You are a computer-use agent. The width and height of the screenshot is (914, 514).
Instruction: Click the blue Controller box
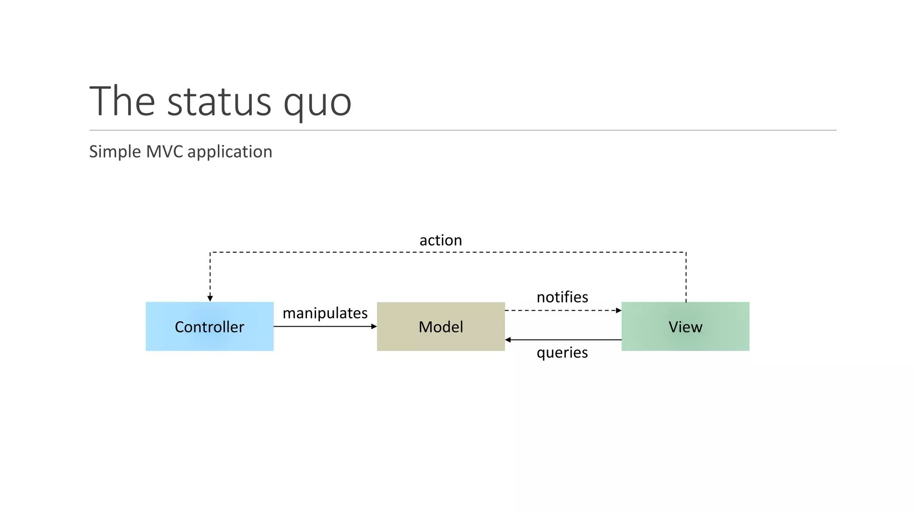209,327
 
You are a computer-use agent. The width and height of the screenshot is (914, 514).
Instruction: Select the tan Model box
440,327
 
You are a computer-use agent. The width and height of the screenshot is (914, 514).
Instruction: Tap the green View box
685,327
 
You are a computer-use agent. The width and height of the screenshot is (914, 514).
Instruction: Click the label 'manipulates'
325,313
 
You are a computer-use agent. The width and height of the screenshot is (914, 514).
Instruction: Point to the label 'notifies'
562,297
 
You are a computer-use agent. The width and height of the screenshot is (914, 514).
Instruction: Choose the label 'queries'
562,352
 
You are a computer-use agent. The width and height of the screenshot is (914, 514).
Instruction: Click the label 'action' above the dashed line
440,240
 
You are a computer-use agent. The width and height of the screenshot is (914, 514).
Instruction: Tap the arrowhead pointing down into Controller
210,298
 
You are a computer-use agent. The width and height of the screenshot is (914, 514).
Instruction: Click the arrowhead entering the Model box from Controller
374,327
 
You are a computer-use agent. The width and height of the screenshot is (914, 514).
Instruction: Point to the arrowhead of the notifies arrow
619,311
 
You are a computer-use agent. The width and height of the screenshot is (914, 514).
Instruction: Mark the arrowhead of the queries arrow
508,340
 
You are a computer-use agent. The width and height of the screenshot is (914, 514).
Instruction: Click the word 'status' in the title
219,102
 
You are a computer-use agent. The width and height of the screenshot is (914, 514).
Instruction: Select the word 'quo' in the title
317,104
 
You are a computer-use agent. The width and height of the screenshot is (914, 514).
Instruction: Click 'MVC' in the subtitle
164,152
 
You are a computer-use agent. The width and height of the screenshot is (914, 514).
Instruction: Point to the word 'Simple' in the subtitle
115,152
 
